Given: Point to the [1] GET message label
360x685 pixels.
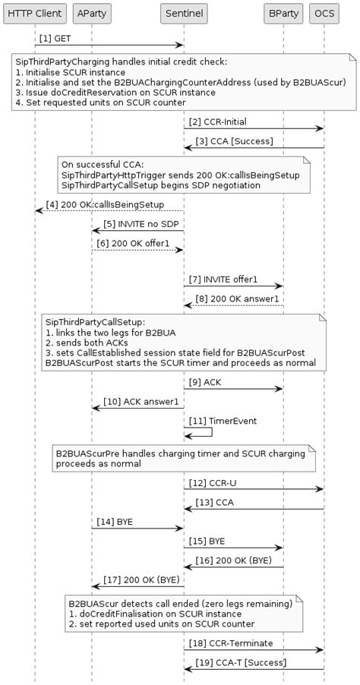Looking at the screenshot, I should click(57, 38).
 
